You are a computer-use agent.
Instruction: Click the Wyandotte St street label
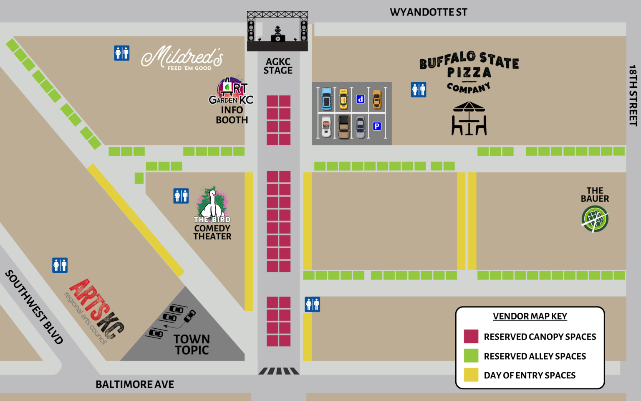(428, 12)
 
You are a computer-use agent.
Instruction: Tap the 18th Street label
(633, 95)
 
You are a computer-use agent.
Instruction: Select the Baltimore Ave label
(135, 384)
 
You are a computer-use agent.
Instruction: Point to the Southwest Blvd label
(34, 307)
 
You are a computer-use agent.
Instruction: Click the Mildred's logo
(182, 57)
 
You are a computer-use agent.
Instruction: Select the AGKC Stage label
(278, 66)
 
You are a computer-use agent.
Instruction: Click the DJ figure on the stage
(278, 33)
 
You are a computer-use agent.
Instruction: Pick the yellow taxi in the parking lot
(343, 99)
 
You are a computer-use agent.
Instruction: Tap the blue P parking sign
(377, 126)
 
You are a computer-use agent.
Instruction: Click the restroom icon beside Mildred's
(122, 53)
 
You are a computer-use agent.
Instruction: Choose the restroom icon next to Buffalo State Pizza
(419, 89)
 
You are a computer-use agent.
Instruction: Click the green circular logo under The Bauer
(595, 219)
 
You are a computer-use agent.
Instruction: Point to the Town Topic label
(192, 345)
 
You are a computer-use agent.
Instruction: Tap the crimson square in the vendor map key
(471, 336)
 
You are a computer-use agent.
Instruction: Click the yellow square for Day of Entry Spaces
(471, 375)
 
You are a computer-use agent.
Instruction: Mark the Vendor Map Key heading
(530, 316)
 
